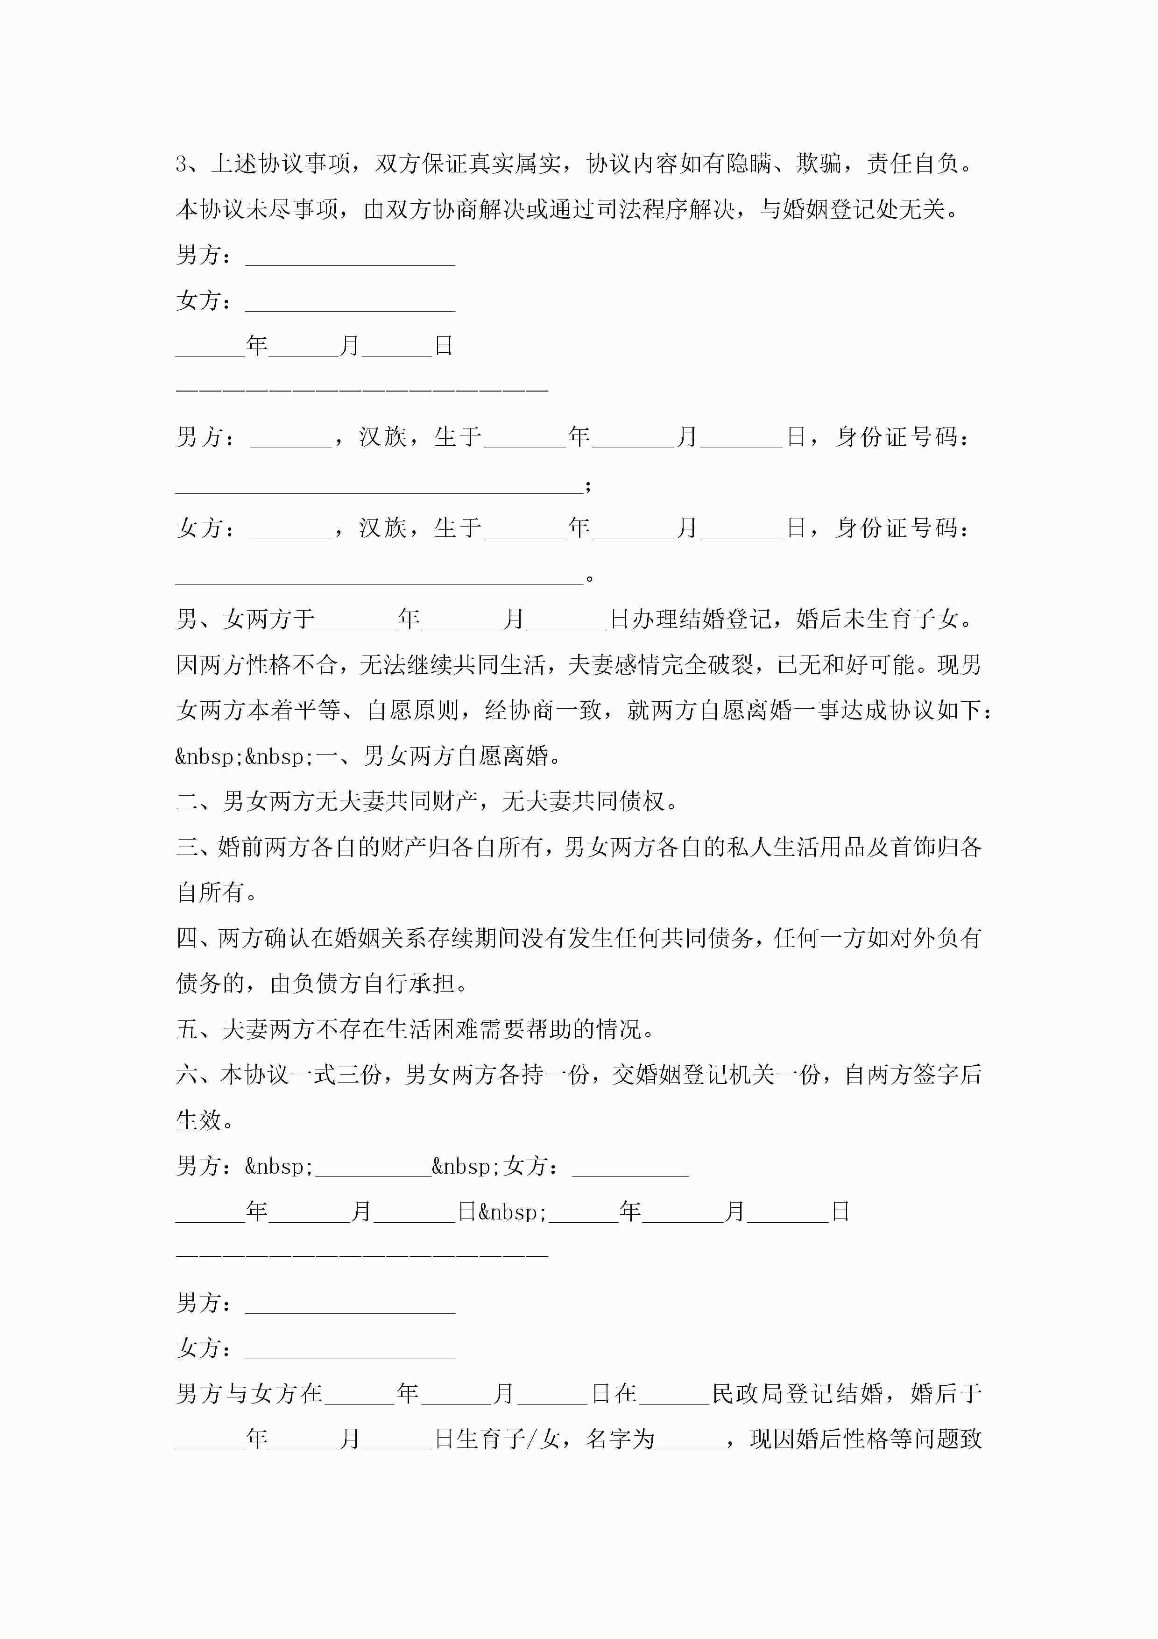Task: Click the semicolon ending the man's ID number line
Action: pyautogui.click(x=588, y=486)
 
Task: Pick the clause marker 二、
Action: pyautogui.click(x=198, y=802)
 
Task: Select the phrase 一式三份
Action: pyautogui.click(x=338, y=1075)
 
